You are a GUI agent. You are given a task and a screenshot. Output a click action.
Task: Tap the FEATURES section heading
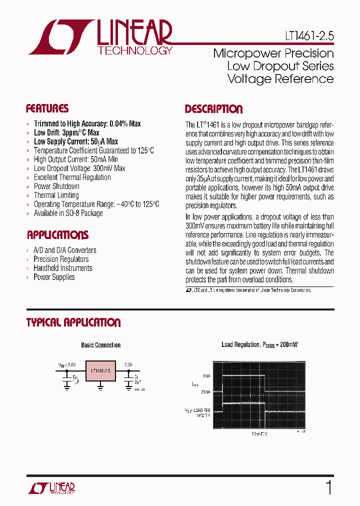pyautogui.click(x=47, y=108)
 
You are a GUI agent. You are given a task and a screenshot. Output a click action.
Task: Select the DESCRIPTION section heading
pyautogui.click(x=213, y=109)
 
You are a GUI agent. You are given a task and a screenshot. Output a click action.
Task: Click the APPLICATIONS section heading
pyautogui.click(x=57, y=235)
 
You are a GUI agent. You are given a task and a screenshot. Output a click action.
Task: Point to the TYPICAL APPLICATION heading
pyautogui.click(x=73, y=322)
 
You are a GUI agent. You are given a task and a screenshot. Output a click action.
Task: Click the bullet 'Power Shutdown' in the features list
pyautogui.click(x=56, y=186)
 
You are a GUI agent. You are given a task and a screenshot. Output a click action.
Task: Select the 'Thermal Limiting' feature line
pyautogui.click(x=56, y=195)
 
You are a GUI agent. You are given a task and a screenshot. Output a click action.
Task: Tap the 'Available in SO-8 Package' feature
pyautogui.click(x=68, y=213)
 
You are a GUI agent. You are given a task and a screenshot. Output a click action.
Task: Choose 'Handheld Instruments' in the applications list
pyautogui.click(x=62, y=268)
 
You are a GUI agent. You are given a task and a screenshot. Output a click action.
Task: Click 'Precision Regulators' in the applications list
pyautogui.click(x=61, y=259)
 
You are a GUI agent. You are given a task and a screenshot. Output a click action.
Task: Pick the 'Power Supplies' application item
pyautogui.click(x=54, y=277)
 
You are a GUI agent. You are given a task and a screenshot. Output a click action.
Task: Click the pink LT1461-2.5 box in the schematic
pyautogui.click(x=100, y=370)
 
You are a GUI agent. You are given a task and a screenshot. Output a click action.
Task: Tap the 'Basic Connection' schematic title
pyautogui.click(x=100, y=345)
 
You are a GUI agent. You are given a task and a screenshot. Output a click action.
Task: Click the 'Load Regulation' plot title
pyautogui.click(x=259, y=345)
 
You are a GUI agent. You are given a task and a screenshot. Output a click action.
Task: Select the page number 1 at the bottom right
pyautogui.click(x=328, y=487)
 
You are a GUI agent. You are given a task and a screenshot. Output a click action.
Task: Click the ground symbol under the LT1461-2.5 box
pyautogui.click(x=100, y=385)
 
